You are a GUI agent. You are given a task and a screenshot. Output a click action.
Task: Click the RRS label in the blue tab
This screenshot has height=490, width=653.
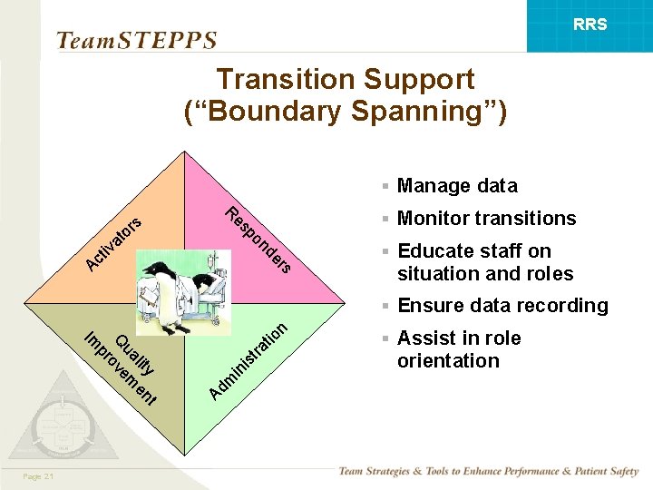click(590, 24)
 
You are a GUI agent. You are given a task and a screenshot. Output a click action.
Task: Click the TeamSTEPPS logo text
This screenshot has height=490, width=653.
click(136, 41)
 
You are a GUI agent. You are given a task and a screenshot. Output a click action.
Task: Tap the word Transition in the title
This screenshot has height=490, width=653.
click(274, 80)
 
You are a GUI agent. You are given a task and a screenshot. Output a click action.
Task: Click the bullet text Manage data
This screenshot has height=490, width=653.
click(457, 186)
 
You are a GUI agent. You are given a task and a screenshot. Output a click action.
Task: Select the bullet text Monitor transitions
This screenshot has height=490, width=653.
click(486, 219)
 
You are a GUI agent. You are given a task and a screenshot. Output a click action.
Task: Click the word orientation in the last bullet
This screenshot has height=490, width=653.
click(448, 361)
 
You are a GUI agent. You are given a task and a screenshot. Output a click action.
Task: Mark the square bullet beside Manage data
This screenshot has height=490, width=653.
click(385, 187)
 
